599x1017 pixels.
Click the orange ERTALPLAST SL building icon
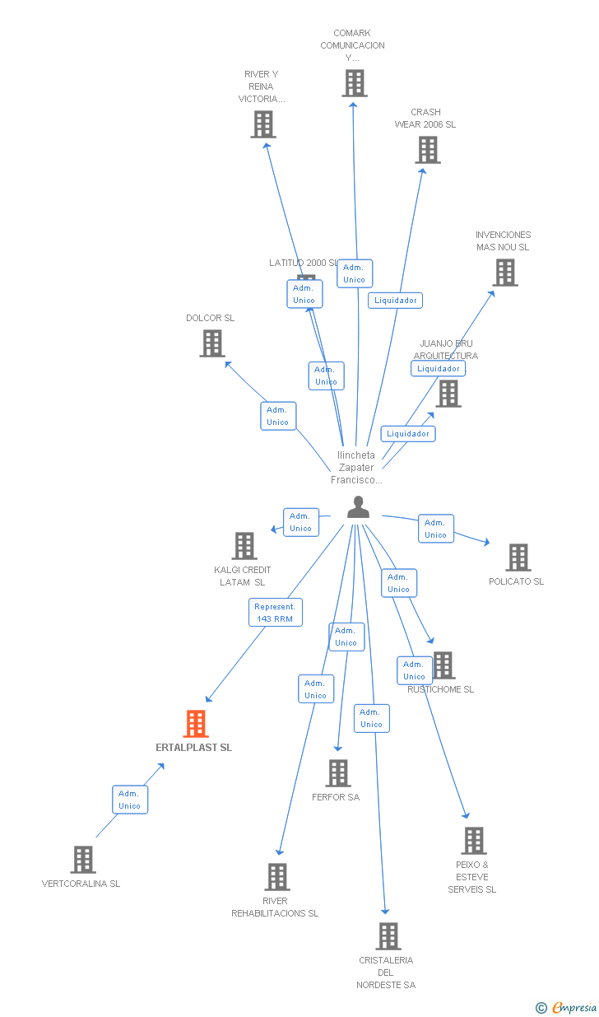(x=195, y=724)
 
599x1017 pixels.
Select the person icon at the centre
(x=358, y=507)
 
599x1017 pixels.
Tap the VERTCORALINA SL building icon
(x=83, y=860)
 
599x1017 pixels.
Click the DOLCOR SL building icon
(x=212, y=343)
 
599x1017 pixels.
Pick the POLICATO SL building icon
(x=518, y=557)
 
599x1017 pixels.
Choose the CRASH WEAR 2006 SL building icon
(x=428, y=150)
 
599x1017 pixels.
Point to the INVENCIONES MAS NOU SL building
(x=505, y=273)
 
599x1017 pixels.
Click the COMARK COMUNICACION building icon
(x=354, y=83)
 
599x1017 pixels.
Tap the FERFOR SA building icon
(x=338, y=773)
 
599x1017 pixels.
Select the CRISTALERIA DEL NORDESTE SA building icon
(x=388, y=936)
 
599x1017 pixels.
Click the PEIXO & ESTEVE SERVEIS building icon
(x=474, y=841)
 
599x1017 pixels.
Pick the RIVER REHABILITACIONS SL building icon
(x=278, y=877)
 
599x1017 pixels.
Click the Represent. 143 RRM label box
(x=276, y=613)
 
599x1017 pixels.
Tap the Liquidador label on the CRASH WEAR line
(x=396, y=301)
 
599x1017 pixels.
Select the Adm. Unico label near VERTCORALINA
(x=130, y=800)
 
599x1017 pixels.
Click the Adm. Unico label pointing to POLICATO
(x=435, y=529)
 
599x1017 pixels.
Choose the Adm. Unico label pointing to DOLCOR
(x=278, y=416)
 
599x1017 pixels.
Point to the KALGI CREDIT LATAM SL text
(x=242, y=576)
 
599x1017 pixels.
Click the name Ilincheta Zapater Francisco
(x=356, y=467)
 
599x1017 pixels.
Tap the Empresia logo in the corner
(x=568, y=1007)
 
